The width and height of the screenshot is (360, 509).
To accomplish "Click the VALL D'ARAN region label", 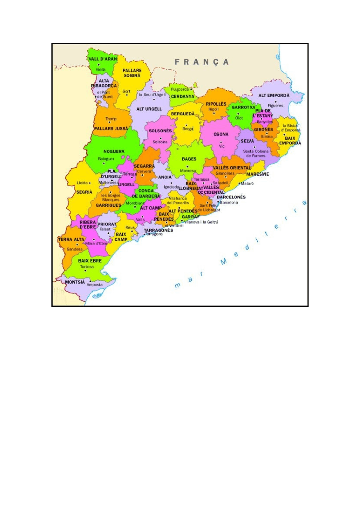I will (x=103, y=59).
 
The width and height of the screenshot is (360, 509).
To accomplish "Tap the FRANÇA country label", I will (x=201, y=62).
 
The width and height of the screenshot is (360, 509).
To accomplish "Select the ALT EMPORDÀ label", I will (x=274, y=96).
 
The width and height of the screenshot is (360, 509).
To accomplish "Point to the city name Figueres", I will (x=275, y=106).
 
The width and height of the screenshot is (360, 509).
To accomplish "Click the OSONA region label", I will (x=221, y=134).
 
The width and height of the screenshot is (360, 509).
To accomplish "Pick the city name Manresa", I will (x=188, y=171).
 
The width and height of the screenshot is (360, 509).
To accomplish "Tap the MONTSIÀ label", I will (x=75, y=282).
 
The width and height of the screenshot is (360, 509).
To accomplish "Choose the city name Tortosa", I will (x=87, y=267).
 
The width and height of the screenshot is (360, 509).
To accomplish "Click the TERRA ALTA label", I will (x=71, y=239).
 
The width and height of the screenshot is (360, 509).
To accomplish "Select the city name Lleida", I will (x=82, y=183).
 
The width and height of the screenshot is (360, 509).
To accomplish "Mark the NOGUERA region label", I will (x=114, y=151).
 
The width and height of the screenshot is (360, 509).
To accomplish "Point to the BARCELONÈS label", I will (x=231, y=197).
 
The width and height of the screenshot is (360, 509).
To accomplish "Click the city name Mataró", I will (x=247, y=184).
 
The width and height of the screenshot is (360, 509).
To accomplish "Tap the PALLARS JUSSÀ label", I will (x=111, y=129).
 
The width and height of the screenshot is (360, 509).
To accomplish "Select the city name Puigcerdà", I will (x=180, y=89).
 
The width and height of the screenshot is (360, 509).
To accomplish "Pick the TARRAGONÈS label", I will (x=158, y=230).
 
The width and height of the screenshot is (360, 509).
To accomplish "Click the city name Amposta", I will (x=94, y=285).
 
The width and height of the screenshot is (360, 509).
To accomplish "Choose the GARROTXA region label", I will (x=243, y=107).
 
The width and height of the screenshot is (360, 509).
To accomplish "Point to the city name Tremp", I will (x=111, y=119).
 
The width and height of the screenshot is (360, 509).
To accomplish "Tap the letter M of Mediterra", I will (x=224, y=262).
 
